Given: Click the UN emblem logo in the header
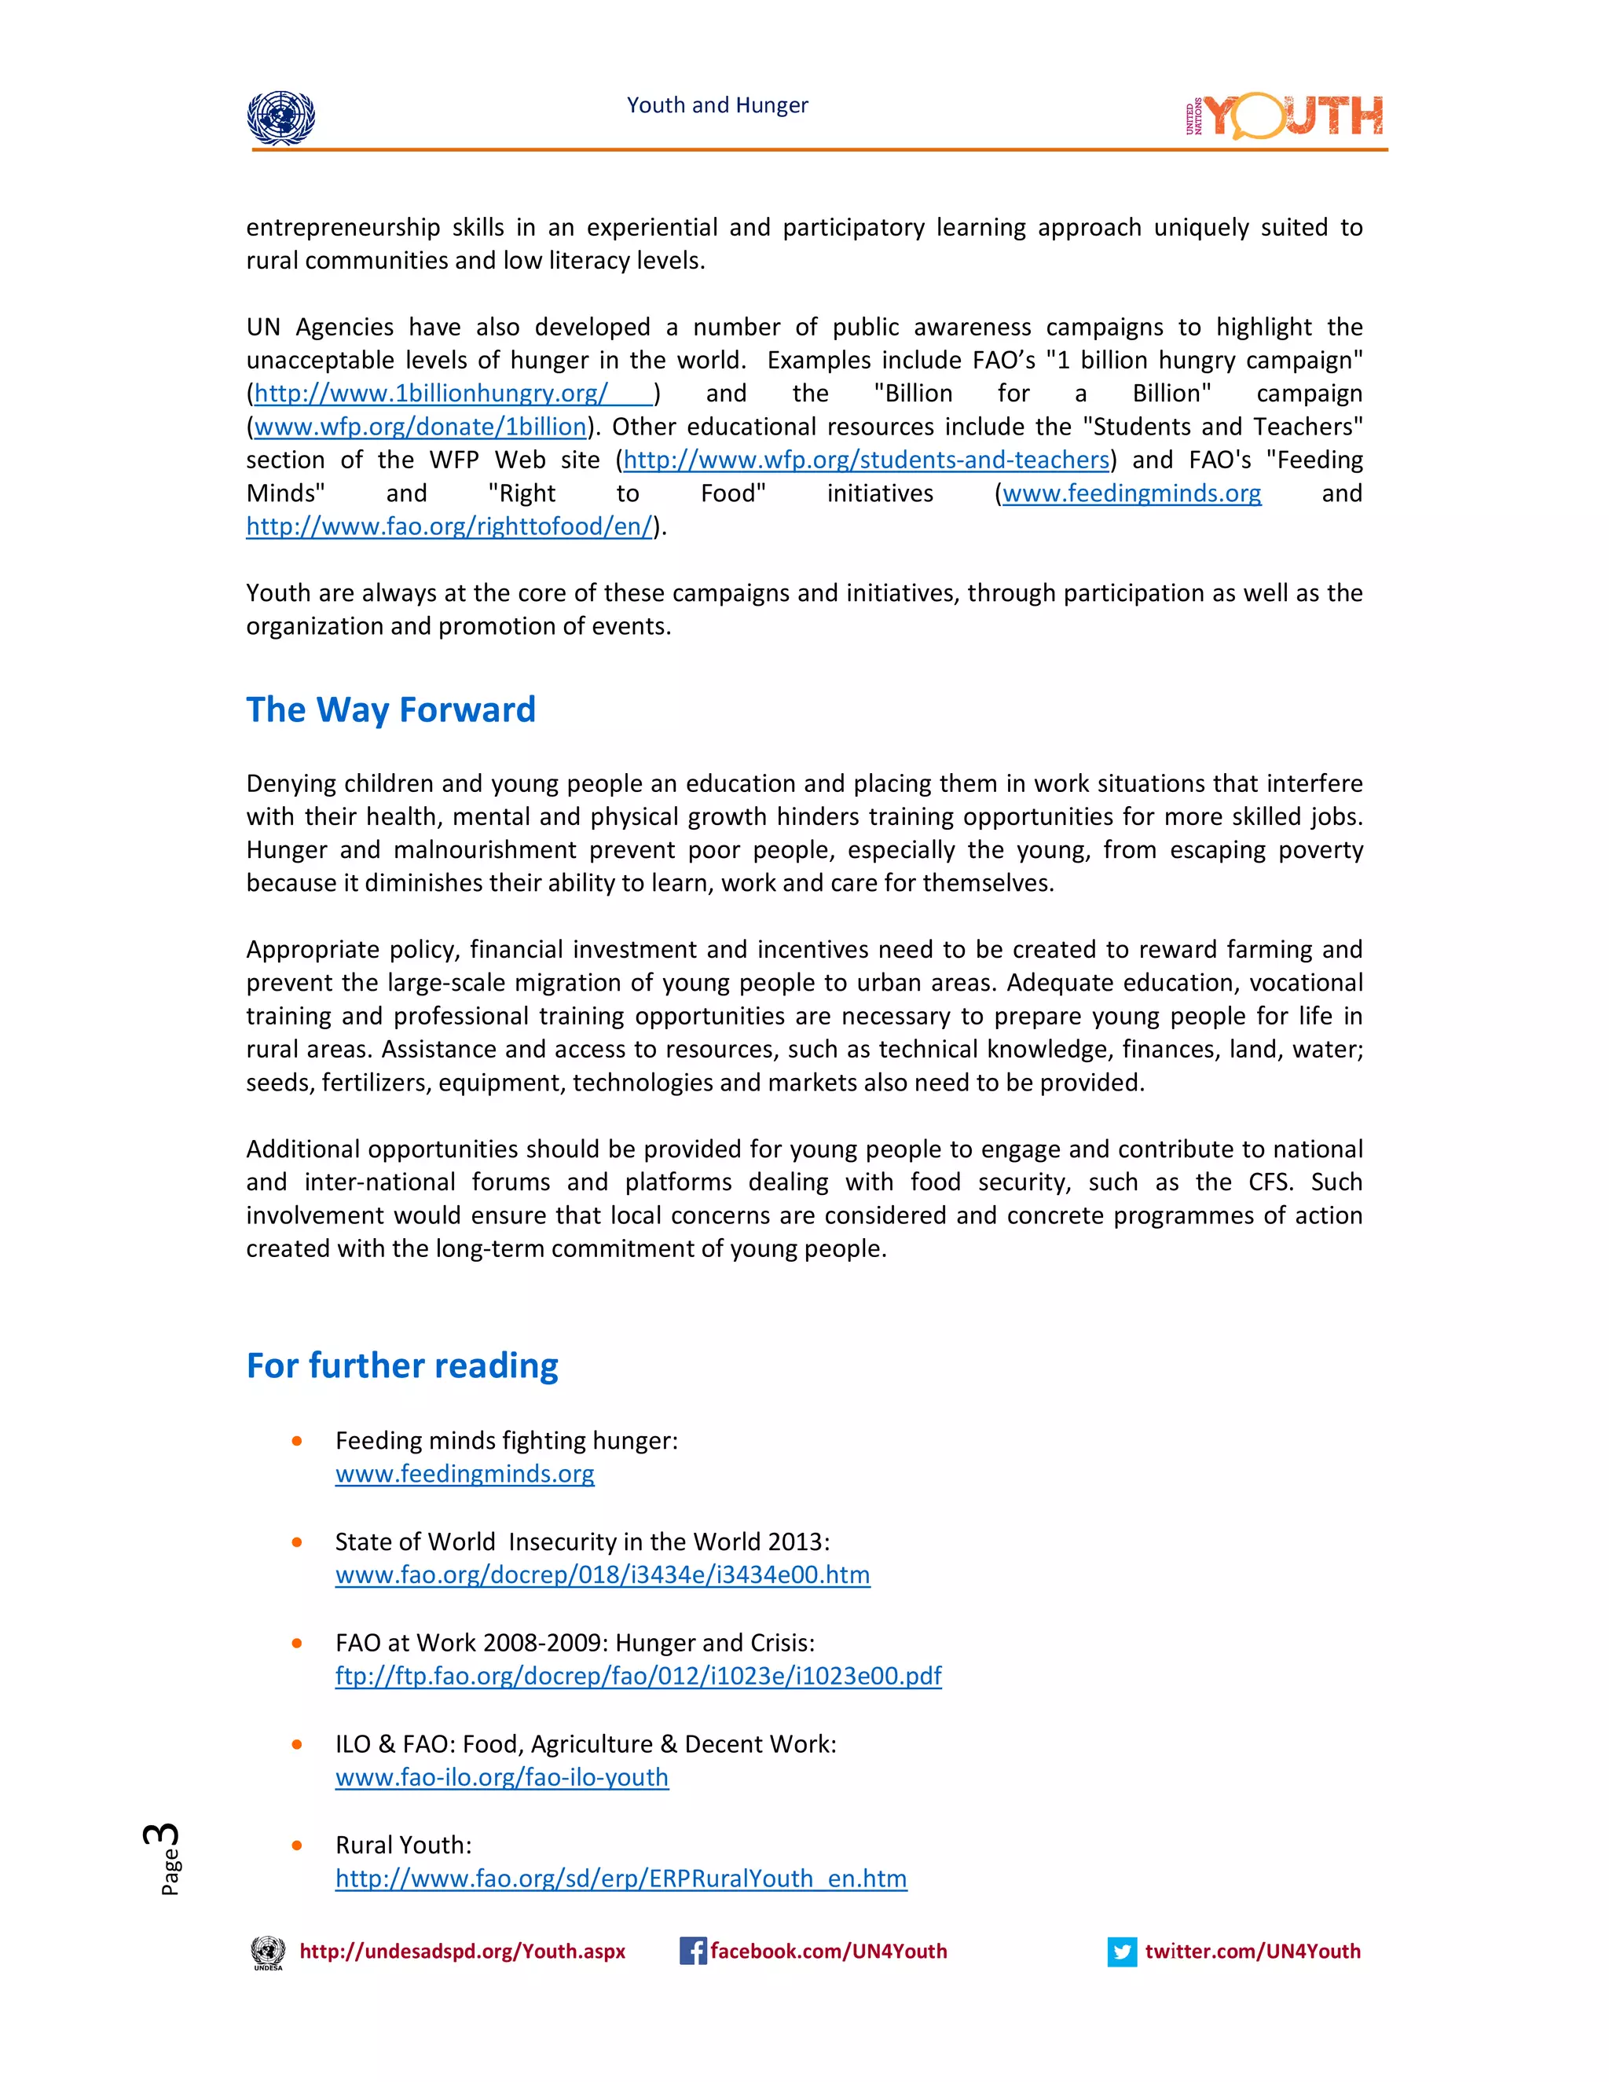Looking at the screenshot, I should point(280,118).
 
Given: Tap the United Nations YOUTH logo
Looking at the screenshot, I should point(1283,116).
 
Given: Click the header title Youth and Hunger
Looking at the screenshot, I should point(717,104).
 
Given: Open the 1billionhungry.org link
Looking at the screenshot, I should point(431,394).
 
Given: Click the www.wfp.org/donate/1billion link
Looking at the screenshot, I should point(420,427).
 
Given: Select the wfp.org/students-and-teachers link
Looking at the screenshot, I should point(866,460).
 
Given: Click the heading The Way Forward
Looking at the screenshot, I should point(390,710).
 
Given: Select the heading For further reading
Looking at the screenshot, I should point(402,1365).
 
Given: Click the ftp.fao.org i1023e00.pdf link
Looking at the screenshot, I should point(638,1676).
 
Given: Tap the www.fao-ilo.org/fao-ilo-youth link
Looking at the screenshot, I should point(501,1777).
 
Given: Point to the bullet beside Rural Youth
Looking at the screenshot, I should point(298,1846).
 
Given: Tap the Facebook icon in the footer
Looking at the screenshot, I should point(692,1952).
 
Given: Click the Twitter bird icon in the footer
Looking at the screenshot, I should point(1122,1952).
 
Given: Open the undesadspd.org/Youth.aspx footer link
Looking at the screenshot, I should point(462,1952).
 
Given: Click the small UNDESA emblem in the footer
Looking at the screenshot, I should point(268,1952).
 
